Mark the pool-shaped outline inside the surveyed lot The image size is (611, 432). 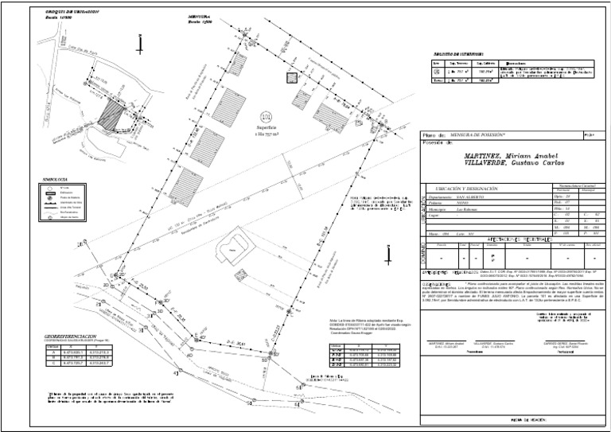click(x=233, y=248)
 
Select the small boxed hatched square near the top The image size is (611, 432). click(x=292, y=78)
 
